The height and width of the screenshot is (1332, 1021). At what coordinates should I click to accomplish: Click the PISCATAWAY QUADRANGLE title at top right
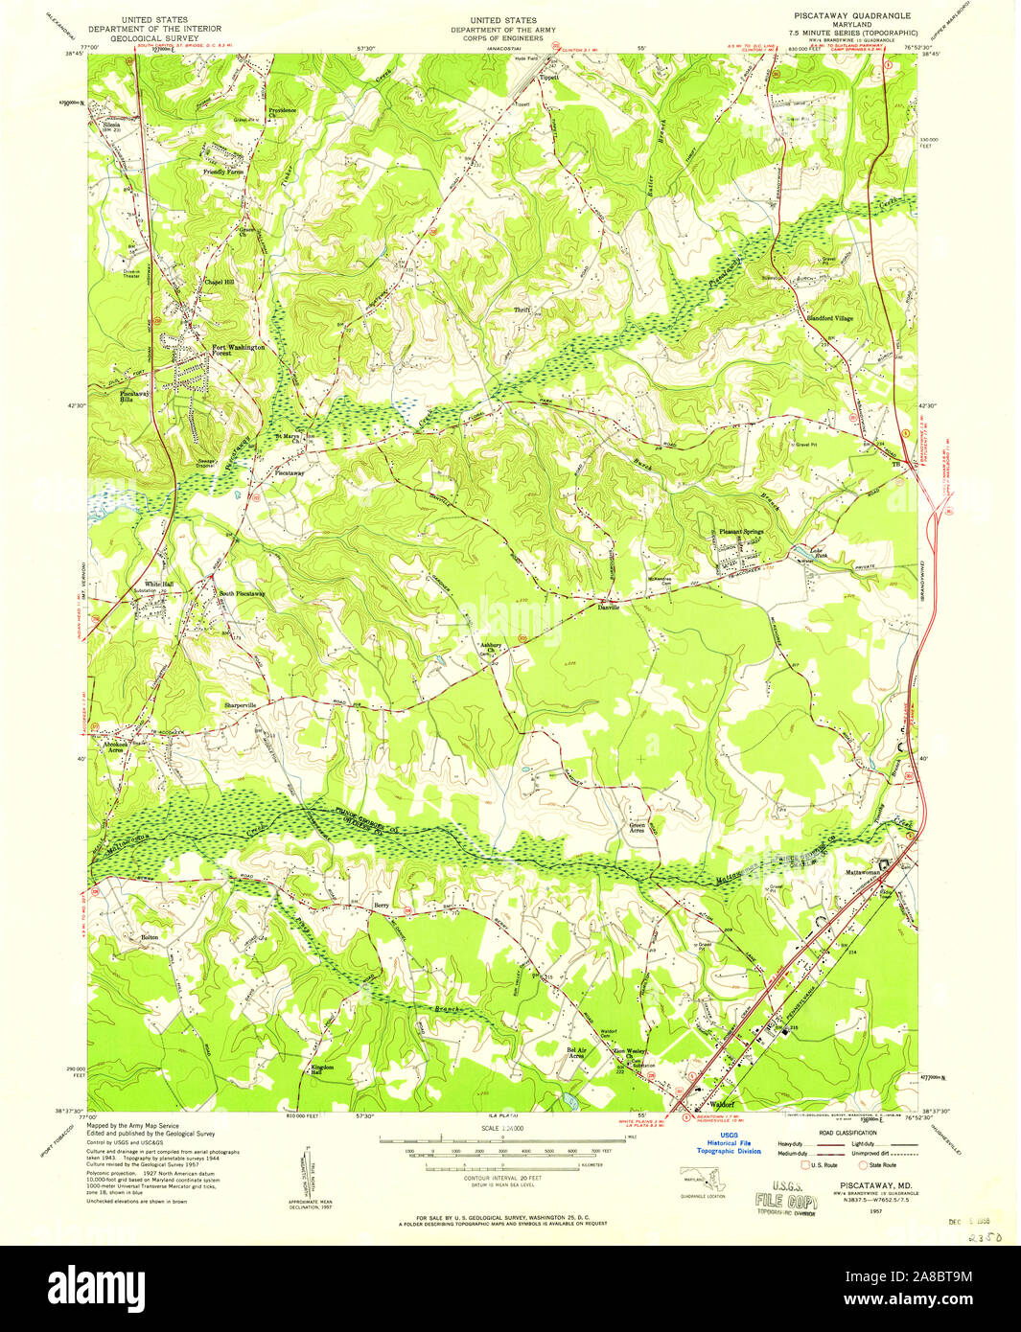[x=851, y=16]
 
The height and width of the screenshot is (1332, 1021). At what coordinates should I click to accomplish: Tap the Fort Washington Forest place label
[x=236, y=350]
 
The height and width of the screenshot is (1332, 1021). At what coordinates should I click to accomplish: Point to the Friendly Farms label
[x=222, y=172]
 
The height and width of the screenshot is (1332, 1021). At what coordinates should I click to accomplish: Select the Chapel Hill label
[x=219, y=282]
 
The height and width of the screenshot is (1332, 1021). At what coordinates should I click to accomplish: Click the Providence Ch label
[x=282, y=113]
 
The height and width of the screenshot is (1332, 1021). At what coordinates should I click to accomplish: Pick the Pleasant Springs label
[x=741, y=532]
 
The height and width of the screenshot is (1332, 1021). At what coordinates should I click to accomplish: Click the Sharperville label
[x=241, y=705]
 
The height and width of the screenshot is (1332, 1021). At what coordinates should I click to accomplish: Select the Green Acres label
[x=637, y=827]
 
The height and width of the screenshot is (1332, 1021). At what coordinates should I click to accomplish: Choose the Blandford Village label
[x=830, y=318]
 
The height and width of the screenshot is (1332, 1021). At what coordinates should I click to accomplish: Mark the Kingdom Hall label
[x=322, y=1069]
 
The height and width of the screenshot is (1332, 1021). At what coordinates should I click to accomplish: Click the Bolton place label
[x=150, y=936]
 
